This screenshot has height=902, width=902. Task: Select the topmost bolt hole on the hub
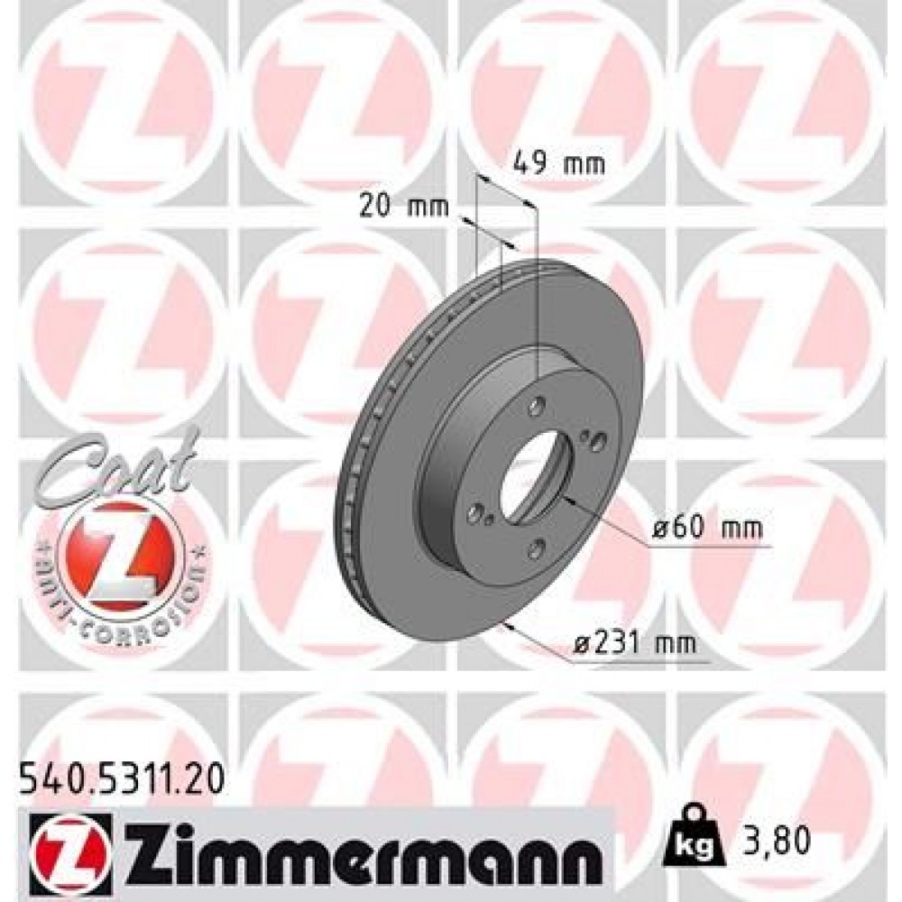click(x=539, y=403)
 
